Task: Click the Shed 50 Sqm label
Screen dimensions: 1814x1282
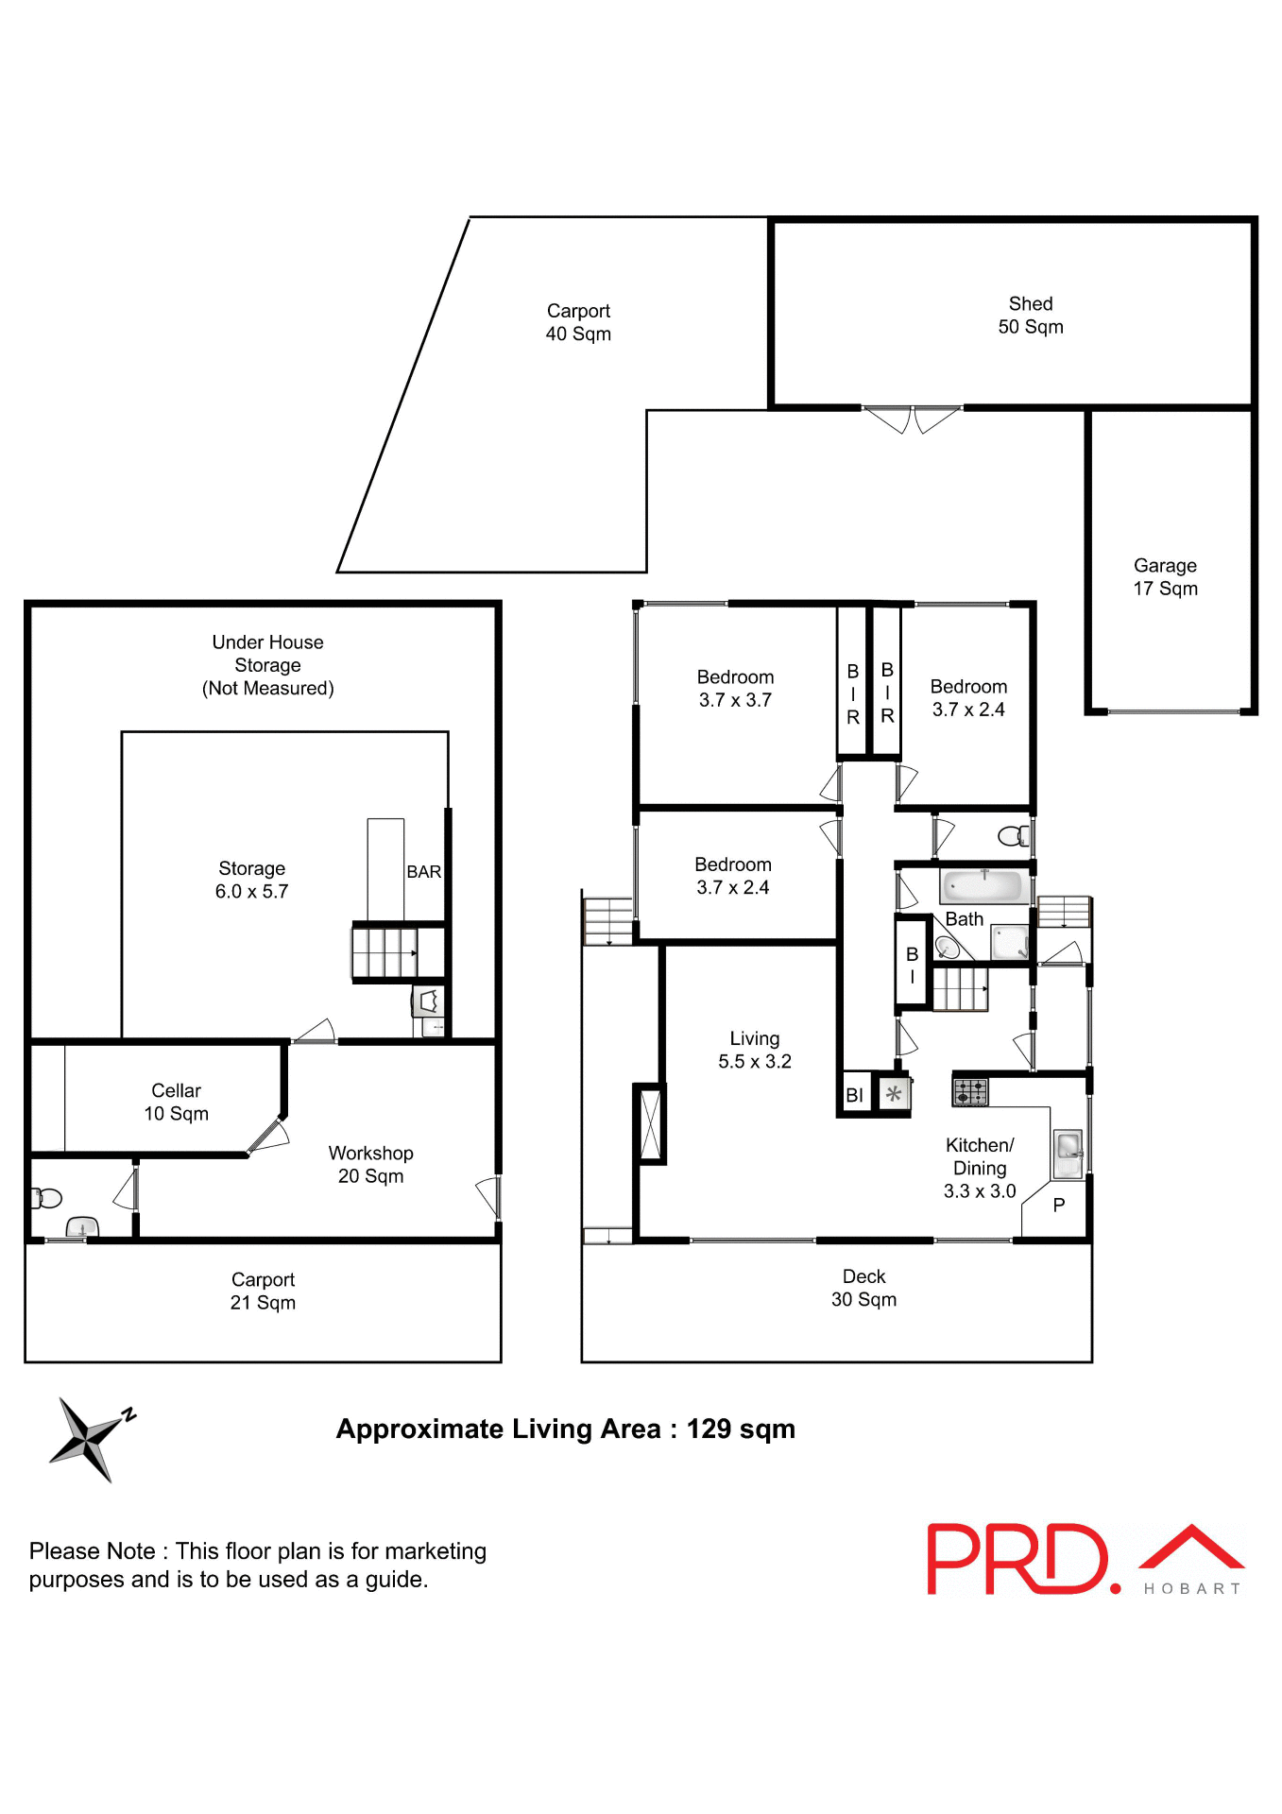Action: (x=1030, y=316)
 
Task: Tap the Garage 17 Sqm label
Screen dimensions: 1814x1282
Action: (x=1165, y=577)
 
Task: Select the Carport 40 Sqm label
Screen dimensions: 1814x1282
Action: (x=578, y=322)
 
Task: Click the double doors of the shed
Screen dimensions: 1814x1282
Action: (x=912, y=419)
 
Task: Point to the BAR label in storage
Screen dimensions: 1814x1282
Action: (x=423, y=872)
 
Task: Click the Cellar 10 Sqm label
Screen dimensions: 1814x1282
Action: (x=176, y=1103)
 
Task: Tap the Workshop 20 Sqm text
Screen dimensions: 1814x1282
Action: (x=370, y=1165)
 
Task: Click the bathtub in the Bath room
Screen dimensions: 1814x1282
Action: (x=983, y=886)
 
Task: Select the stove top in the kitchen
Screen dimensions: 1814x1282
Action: (x=969, y=1092)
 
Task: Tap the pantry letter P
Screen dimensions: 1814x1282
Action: (x=1058, y=1206)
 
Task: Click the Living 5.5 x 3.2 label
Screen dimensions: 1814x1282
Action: (x=754, y=1050)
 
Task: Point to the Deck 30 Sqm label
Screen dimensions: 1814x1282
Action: (x=863, y=1288)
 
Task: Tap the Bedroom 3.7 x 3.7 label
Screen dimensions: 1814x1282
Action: (x=735, y=689)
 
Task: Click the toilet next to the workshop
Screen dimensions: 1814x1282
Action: (x=46, y=1199)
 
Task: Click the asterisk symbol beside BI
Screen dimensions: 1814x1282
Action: (x=893, y=1095)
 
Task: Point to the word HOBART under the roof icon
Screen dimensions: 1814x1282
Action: (x=1191, y=1589)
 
